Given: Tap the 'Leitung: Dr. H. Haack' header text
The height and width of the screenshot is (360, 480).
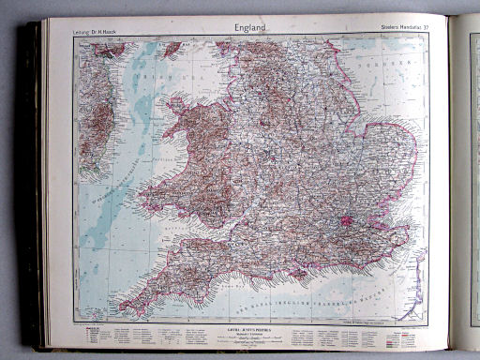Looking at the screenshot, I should (97, 35).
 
